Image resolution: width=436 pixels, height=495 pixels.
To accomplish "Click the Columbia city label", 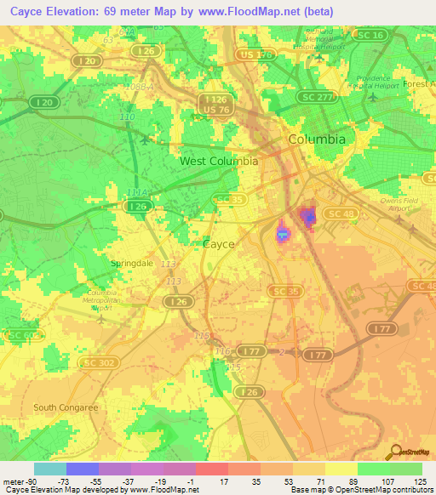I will click(x=317, y=139).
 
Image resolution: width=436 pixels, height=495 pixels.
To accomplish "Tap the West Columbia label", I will click(x=219, y=161).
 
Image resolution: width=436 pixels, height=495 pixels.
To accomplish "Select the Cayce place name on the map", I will click(x=219, y=243).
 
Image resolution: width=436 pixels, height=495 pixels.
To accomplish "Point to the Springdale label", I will click(x=132, y=264).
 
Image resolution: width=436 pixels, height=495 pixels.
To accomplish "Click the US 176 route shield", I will click(x=257, y=54).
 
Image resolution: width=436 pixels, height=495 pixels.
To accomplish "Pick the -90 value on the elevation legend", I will click(x=17, y=481).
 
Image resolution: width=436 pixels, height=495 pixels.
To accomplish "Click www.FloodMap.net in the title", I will click(x=265, y=11).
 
